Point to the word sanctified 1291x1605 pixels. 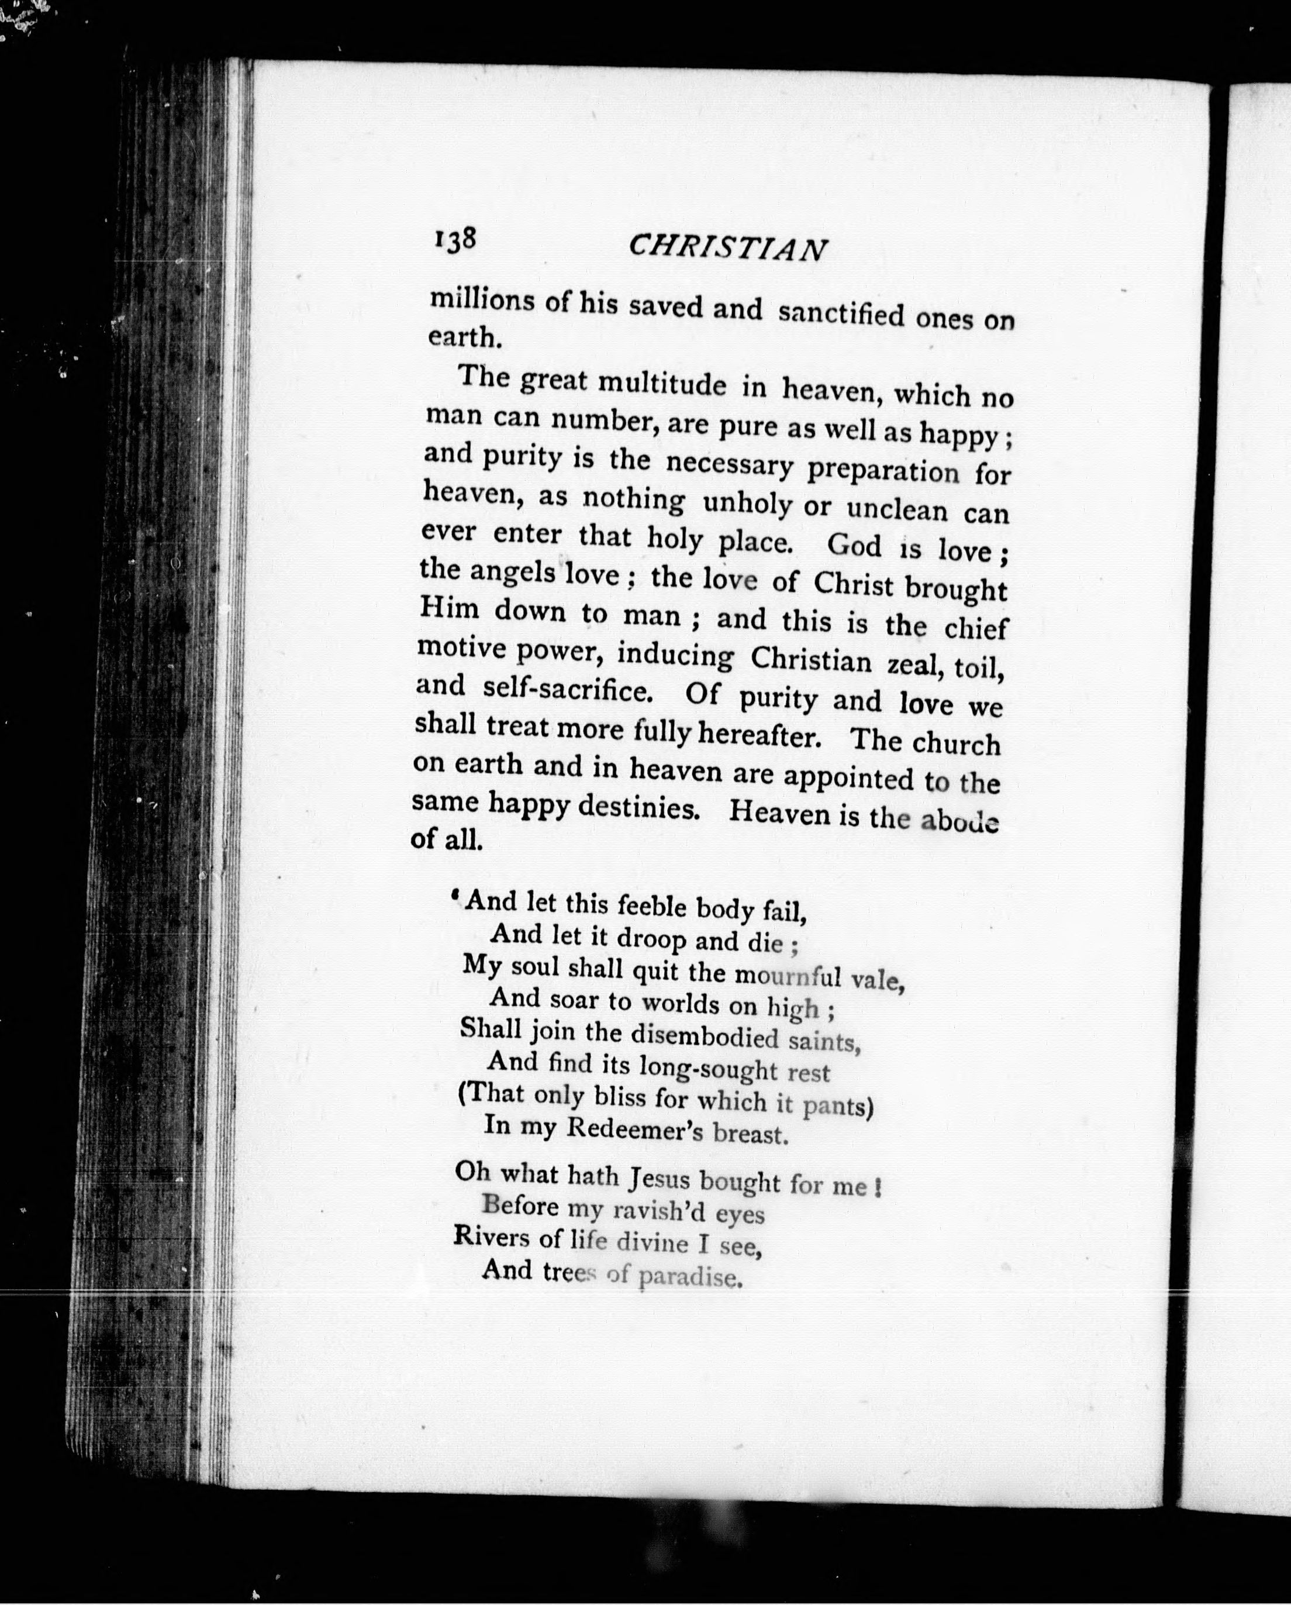(x=841, y=314)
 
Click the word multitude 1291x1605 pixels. (x=661, y=384)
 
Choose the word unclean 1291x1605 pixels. (x=898, y=510)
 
